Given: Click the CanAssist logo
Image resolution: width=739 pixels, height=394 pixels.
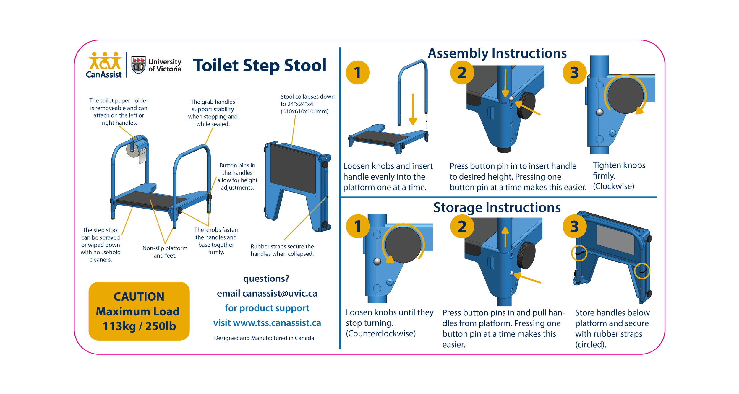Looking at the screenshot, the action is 104,65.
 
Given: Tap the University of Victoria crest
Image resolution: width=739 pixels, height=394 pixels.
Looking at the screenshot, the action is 138,65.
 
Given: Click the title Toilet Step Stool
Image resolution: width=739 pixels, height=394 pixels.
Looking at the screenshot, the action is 260,65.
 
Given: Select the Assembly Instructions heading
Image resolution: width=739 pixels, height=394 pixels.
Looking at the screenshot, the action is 497,53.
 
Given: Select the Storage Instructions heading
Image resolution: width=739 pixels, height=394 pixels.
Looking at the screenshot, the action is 497,208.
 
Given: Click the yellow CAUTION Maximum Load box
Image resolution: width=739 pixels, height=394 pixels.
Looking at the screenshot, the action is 139,311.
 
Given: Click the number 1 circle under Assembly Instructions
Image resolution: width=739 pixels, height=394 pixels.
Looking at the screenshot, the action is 358,73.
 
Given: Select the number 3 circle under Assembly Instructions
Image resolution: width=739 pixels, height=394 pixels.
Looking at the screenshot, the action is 574,73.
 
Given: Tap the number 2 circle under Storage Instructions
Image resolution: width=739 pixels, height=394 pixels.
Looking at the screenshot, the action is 462,227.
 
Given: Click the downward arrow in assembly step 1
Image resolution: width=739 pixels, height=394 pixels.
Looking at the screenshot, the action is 413,109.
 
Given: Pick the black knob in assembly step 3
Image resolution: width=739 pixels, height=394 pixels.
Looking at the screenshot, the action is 625,96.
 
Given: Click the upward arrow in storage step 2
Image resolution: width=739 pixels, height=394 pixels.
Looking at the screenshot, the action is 505,237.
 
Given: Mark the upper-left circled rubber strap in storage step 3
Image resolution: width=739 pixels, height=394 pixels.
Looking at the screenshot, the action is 579,253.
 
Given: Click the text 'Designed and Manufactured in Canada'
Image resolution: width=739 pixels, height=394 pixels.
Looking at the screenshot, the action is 264,338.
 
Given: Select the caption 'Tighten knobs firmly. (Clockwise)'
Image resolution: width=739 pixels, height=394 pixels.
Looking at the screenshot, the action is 619,176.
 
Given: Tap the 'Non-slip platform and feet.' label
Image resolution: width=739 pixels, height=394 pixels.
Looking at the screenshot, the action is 165,252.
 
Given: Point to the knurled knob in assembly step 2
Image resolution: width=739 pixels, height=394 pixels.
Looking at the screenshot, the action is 526,105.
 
